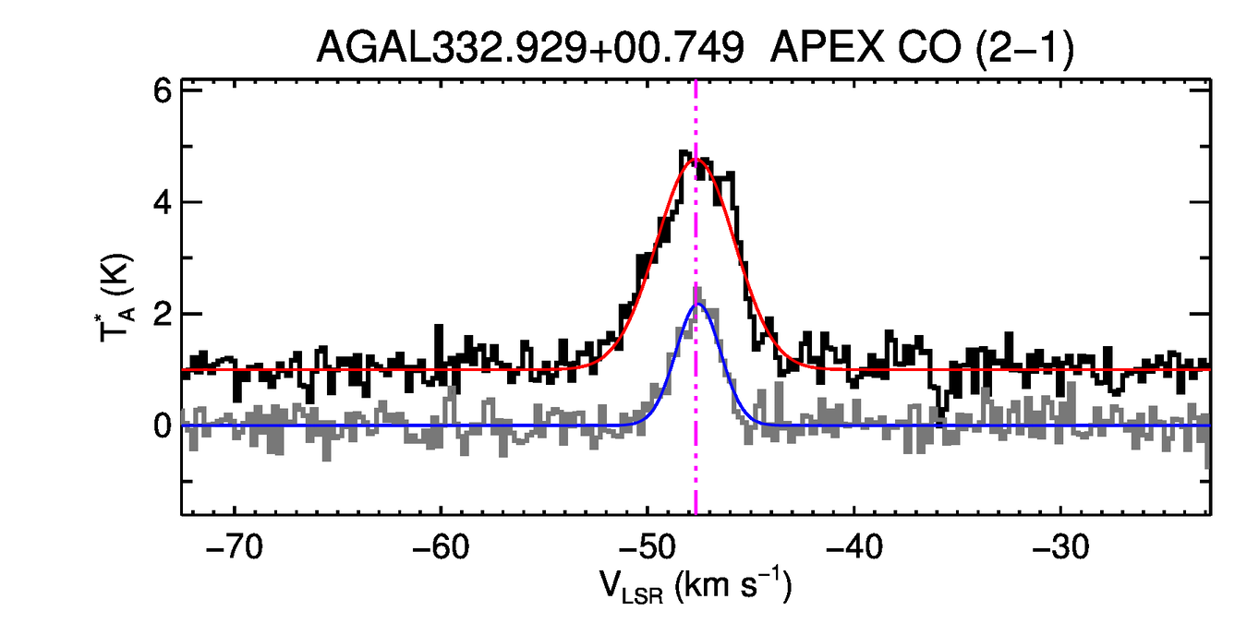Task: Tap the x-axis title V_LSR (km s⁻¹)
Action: click(x=695, y=587)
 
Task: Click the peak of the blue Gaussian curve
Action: click(x=698, y=304)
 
